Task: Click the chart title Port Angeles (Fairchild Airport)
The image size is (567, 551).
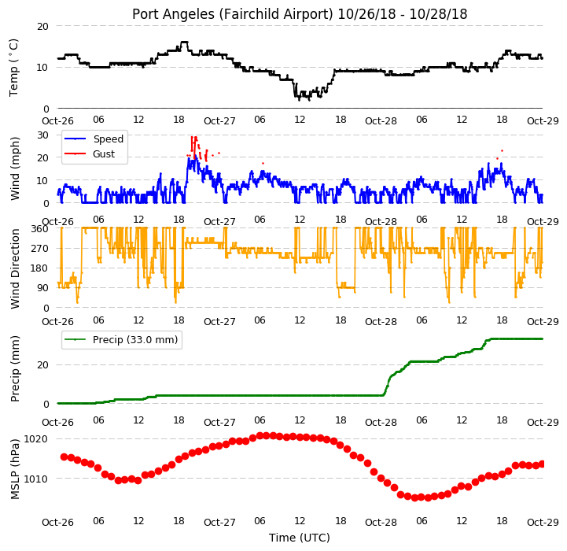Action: tap(232, 14)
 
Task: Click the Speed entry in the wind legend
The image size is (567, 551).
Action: tap(108, 139)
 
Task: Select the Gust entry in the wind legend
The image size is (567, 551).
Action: tap(104, 153)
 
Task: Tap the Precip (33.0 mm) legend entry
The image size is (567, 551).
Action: tap(135, 339)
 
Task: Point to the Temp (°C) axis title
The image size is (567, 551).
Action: tap(13, 68)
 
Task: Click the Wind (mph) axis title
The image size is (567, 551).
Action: tap(14, 168)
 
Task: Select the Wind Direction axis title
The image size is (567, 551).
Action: tap(14, 268)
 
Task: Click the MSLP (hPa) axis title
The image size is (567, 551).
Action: tap(14, 470)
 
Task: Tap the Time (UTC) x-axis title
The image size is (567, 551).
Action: tap(300, 538)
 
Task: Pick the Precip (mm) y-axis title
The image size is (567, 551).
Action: tap(14, 369)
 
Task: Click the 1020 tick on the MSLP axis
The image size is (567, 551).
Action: tap(36, 439)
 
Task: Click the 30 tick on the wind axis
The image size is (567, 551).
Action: tap(42, 135)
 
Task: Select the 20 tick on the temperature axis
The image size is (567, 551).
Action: tap(42, 27)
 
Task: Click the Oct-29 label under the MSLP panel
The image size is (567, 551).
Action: tap(543, 523)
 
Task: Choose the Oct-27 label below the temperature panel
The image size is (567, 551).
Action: tap(219, 121)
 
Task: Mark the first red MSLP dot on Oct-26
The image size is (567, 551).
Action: tap(64, 457)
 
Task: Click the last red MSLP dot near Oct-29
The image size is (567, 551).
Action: tap(542, 464)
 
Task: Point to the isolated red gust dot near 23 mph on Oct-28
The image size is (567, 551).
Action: tap(502, 150)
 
